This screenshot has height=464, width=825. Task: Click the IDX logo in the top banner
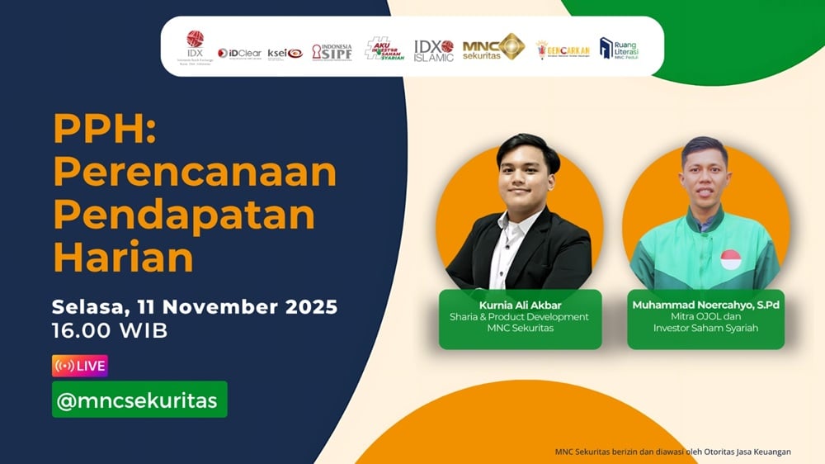[x=195, y=46]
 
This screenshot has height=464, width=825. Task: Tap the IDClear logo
[x=239, y=53]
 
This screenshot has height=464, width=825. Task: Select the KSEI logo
[x=285, y=53]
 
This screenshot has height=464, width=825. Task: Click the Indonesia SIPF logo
[x=332, y=52]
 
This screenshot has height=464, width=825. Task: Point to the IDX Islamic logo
[x=434, y=50]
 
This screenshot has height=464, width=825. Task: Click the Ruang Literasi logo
[x=619, y=50]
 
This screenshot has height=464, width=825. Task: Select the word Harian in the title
[x=123, y=258]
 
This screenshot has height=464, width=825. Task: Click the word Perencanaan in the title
[x=195, y=172]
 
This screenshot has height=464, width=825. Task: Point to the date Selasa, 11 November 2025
[x=195, y=307]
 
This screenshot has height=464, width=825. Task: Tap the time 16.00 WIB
[x=110, y=332]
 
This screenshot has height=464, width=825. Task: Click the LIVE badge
[x=80, y=366]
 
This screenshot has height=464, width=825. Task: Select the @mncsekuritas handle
[x=139, y=400]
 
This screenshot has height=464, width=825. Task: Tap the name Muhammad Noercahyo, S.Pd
[x=705, y=305]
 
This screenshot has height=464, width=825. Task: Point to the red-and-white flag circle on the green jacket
[x=730, y=260]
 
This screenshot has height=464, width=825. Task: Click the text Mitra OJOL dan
[x=705, y=317]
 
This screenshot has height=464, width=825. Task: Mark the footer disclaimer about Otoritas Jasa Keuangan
[x=672, y=452]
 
